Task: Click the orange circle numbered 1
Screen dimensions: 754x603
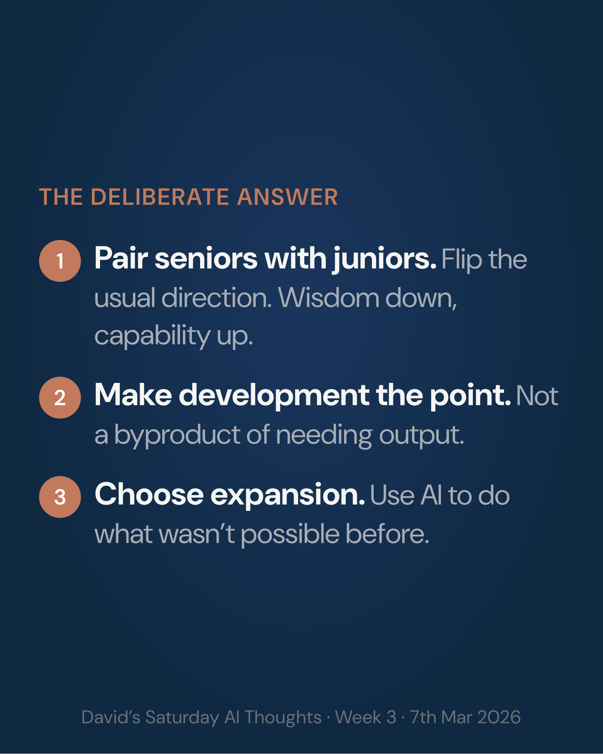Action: tap(60, 261)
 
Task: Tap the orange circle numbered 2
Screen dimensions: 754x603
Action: tap(60, 398)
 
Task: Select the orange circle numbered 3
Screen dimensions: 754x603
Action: tap(60, 497)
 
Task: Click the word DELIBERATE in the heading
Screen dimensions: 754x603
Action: tap(160, 197)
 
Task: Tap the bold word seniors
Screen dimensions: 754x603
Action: tap(206, 259)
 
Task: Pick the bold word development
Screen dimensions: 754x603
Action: tap(274, 395)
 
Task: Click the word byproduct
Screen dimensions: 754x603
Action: tap(177, 435)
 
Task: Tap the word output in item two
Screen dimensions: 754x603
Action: tap(422, 435)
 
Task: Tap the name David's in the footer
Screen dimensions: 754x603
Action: tap(111, 717)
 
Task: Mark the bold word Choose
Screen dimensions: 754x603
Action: tap(149, 495)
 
